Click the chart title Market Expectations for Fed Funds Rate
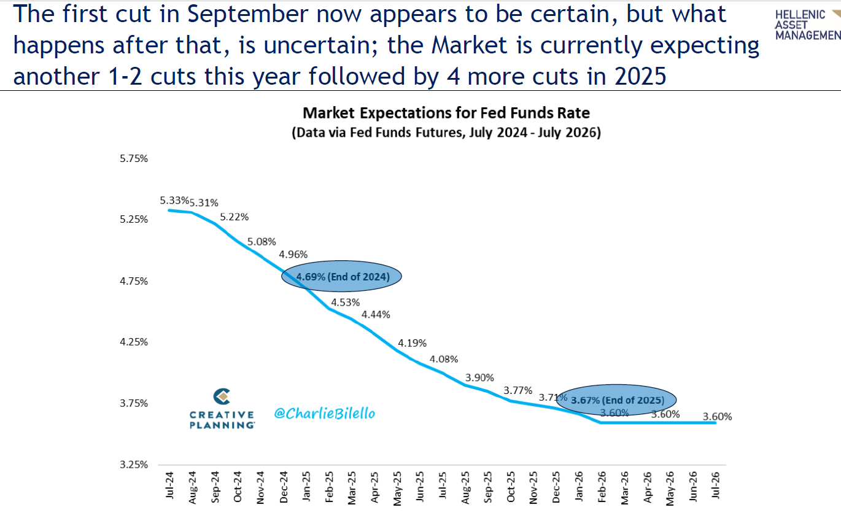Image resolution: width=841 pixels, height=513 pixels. pyautogui.click(x=446, y=113)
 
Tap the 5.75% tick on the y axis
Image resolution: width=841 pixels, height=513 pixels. pyautogui.click(x=133, y=158)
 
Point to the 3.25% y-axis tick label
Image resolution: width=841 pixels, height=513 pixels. pyautogui.click(x=133, y=465)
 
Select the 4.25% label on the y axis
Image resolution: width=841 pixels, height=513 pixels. pyautogui.click(x=133, y=342)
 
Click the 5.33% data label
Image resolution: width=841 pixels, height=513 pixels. pyautogui.click(x=174, y=200)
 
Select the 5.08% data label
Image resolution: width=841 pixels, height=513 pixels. pyautogui.click(x=262, y=242)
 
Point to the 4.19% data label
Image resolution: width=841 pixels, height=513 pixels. pyautogui.click(x=412, y=342)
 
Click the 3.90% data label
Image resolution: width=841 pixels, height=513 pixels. pyautogui.click(x=479, y=377)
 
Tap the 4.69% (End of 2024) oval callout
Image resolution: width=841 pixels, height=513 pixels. pyautogui.click(x=341, y=277)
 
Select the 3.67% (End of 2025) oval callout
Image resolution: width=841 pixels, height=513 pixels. pyautogui.click(x=616, y=400)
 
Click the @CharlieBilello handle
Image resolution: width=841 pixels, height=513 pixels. pyautogui.click(x=324, y=414)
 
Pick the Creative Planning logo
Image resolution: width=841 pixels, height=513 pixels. pyautogui.click(x=222, y=409)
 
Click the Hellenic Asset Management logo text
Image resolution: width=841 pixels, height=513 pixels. pyautogui.click(x=807, y=25)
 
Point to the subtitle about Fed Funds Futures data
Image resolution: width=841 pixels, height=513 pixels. pyautogui.click(x=446, y=132)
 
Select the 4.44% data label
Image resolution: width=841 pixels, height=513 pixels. pyautogui.click(x=376, y=314)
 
